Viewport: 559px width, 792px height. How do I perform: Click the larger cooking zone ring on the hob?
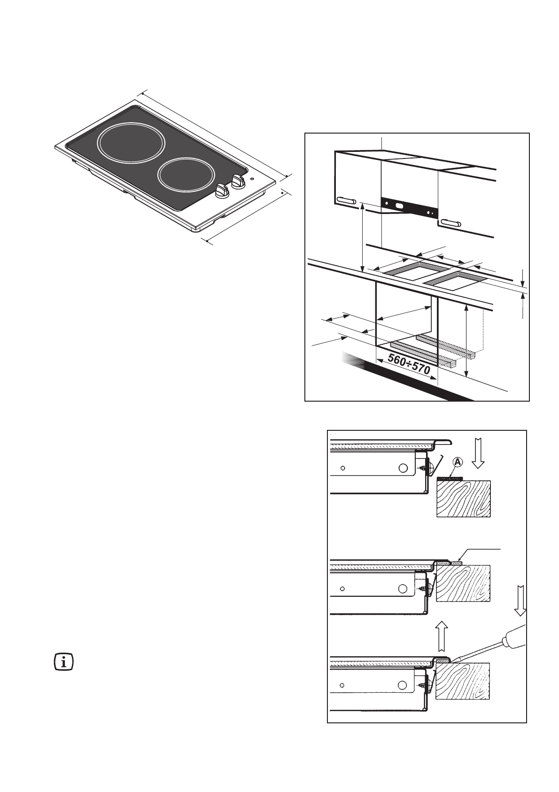(x=132, y=143)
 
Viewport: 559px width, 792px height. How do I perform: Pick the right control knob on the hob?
(x=238, y=180)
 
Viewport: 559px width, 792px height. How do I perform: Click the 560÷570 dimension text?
(x=408, y=365)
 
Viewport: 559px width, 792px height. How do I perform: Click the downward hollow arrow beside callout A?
(x=478, y=452)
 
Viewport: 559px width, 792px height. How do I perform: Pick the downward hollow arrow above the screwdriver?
(x=520, y=601)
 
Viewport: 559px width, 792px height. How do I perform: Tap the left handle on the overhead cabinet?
(x=347, y=201)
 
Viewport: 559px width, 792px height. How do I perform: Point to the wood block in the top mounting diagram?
(x=464, y=499)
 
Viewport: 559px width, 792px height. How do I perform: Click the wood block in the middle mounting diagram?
(x=463, y=583)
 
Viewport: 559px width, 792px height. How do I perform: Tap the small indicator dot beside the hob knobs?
(x=252, y=179)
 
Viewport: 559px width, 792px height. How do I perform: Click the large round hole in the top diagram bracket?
(x=403, y=468)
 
